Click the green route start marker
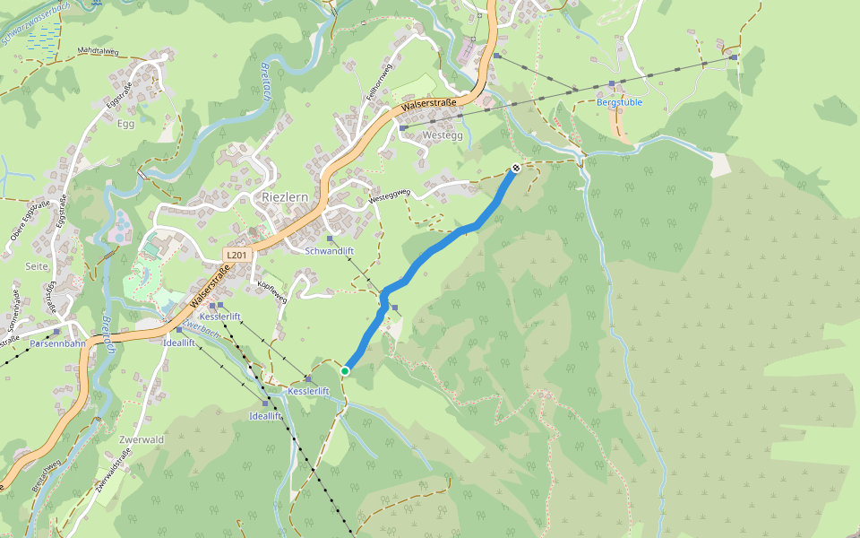click(x=345, y=370)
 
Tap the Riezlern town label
click(x=286, y=196)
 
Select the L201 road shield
click(x=236, y=256)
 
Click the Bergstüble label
click(x=619, y=102)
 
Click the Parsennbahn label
click(x=57, y=343)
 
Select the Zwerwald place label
click(x=142, y=439)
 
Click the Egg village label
click(x=125, y=124)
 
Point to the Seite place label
click(x=37, y=267)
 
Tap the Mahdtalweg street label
click(x=99, y=51)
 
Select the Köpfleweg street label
click(x=271, y=291)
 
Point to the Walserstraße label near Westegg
click(x=429, y=104)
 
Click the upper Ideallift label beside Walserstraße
click(x=179, y=343)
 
